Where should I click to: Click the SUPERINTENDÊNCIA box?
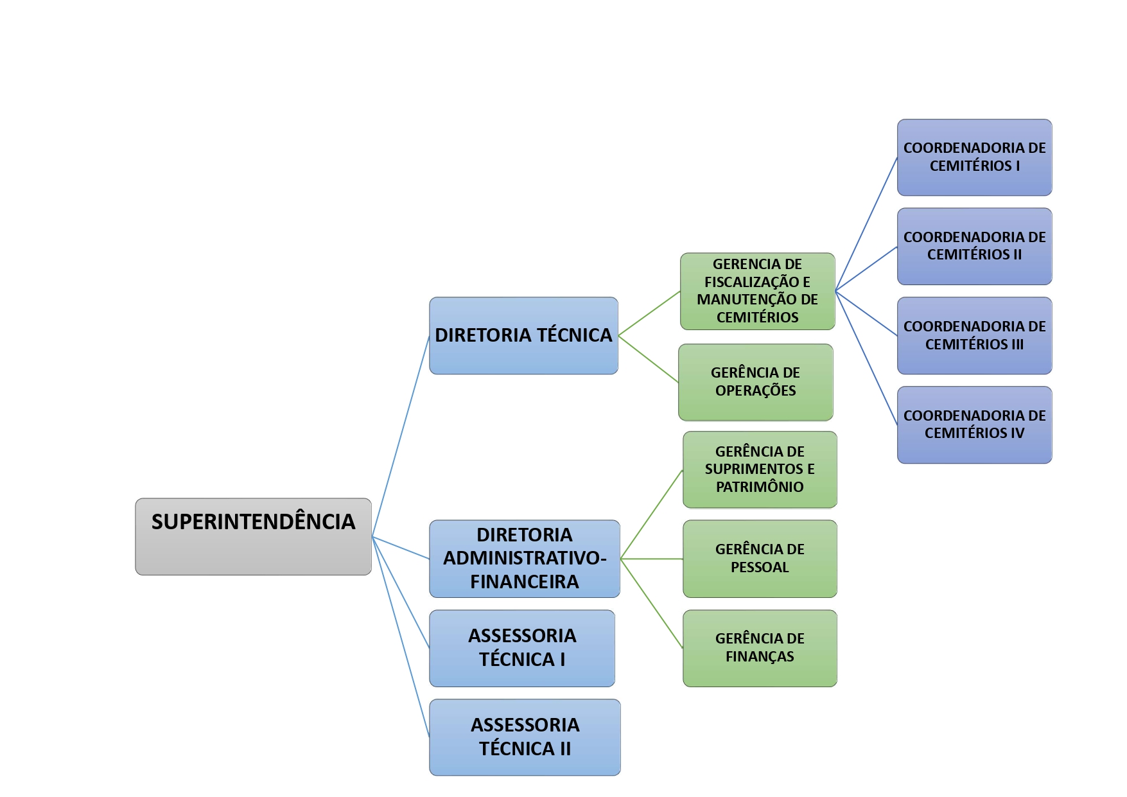click(253, 536)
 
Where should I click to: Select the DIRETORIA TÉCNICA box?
click(523, 335)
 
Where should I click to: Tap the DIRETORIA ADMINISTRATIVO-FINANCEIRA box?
click(524, 559)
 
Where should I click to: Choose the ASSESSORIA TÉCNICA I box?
click(522, 648)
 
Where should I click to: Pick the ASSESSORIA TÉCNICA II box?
click(525, 737)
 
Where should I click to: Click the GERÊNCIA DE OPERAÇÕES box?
click(755, 382)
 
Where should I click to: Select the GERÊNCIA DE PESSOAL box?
click(760, 559)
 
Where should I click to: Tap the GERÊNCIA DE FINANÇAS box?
click(760, 648)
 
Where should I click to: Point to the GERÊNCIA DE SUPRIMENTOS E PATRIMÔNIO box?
click(760, 469)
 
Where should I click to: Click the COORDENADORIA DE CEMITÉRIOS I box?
click(974, 157)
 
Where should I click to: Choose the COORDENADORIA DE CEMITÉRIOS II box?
click(974, 246)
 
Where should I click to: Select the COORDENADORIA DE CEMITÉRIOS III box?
click(974, 335)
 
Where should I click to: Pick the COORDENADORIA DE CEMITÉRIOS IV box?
click(974, 425)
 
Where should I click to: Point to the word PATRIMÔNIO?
click(760, 487)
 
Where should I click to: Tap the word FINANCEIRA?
click(524, 582)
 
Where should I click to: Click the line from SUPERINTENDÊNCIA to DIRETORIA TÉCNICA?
click(401, 436)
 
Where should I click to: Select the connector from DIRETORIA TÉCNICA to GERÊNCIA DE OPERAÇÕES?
click(649, 359)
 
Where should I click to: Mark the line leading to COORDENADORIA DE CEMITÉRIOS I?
click(866, 224)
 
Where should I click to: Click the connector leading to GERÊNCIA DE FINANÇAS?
click(652, 604)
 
